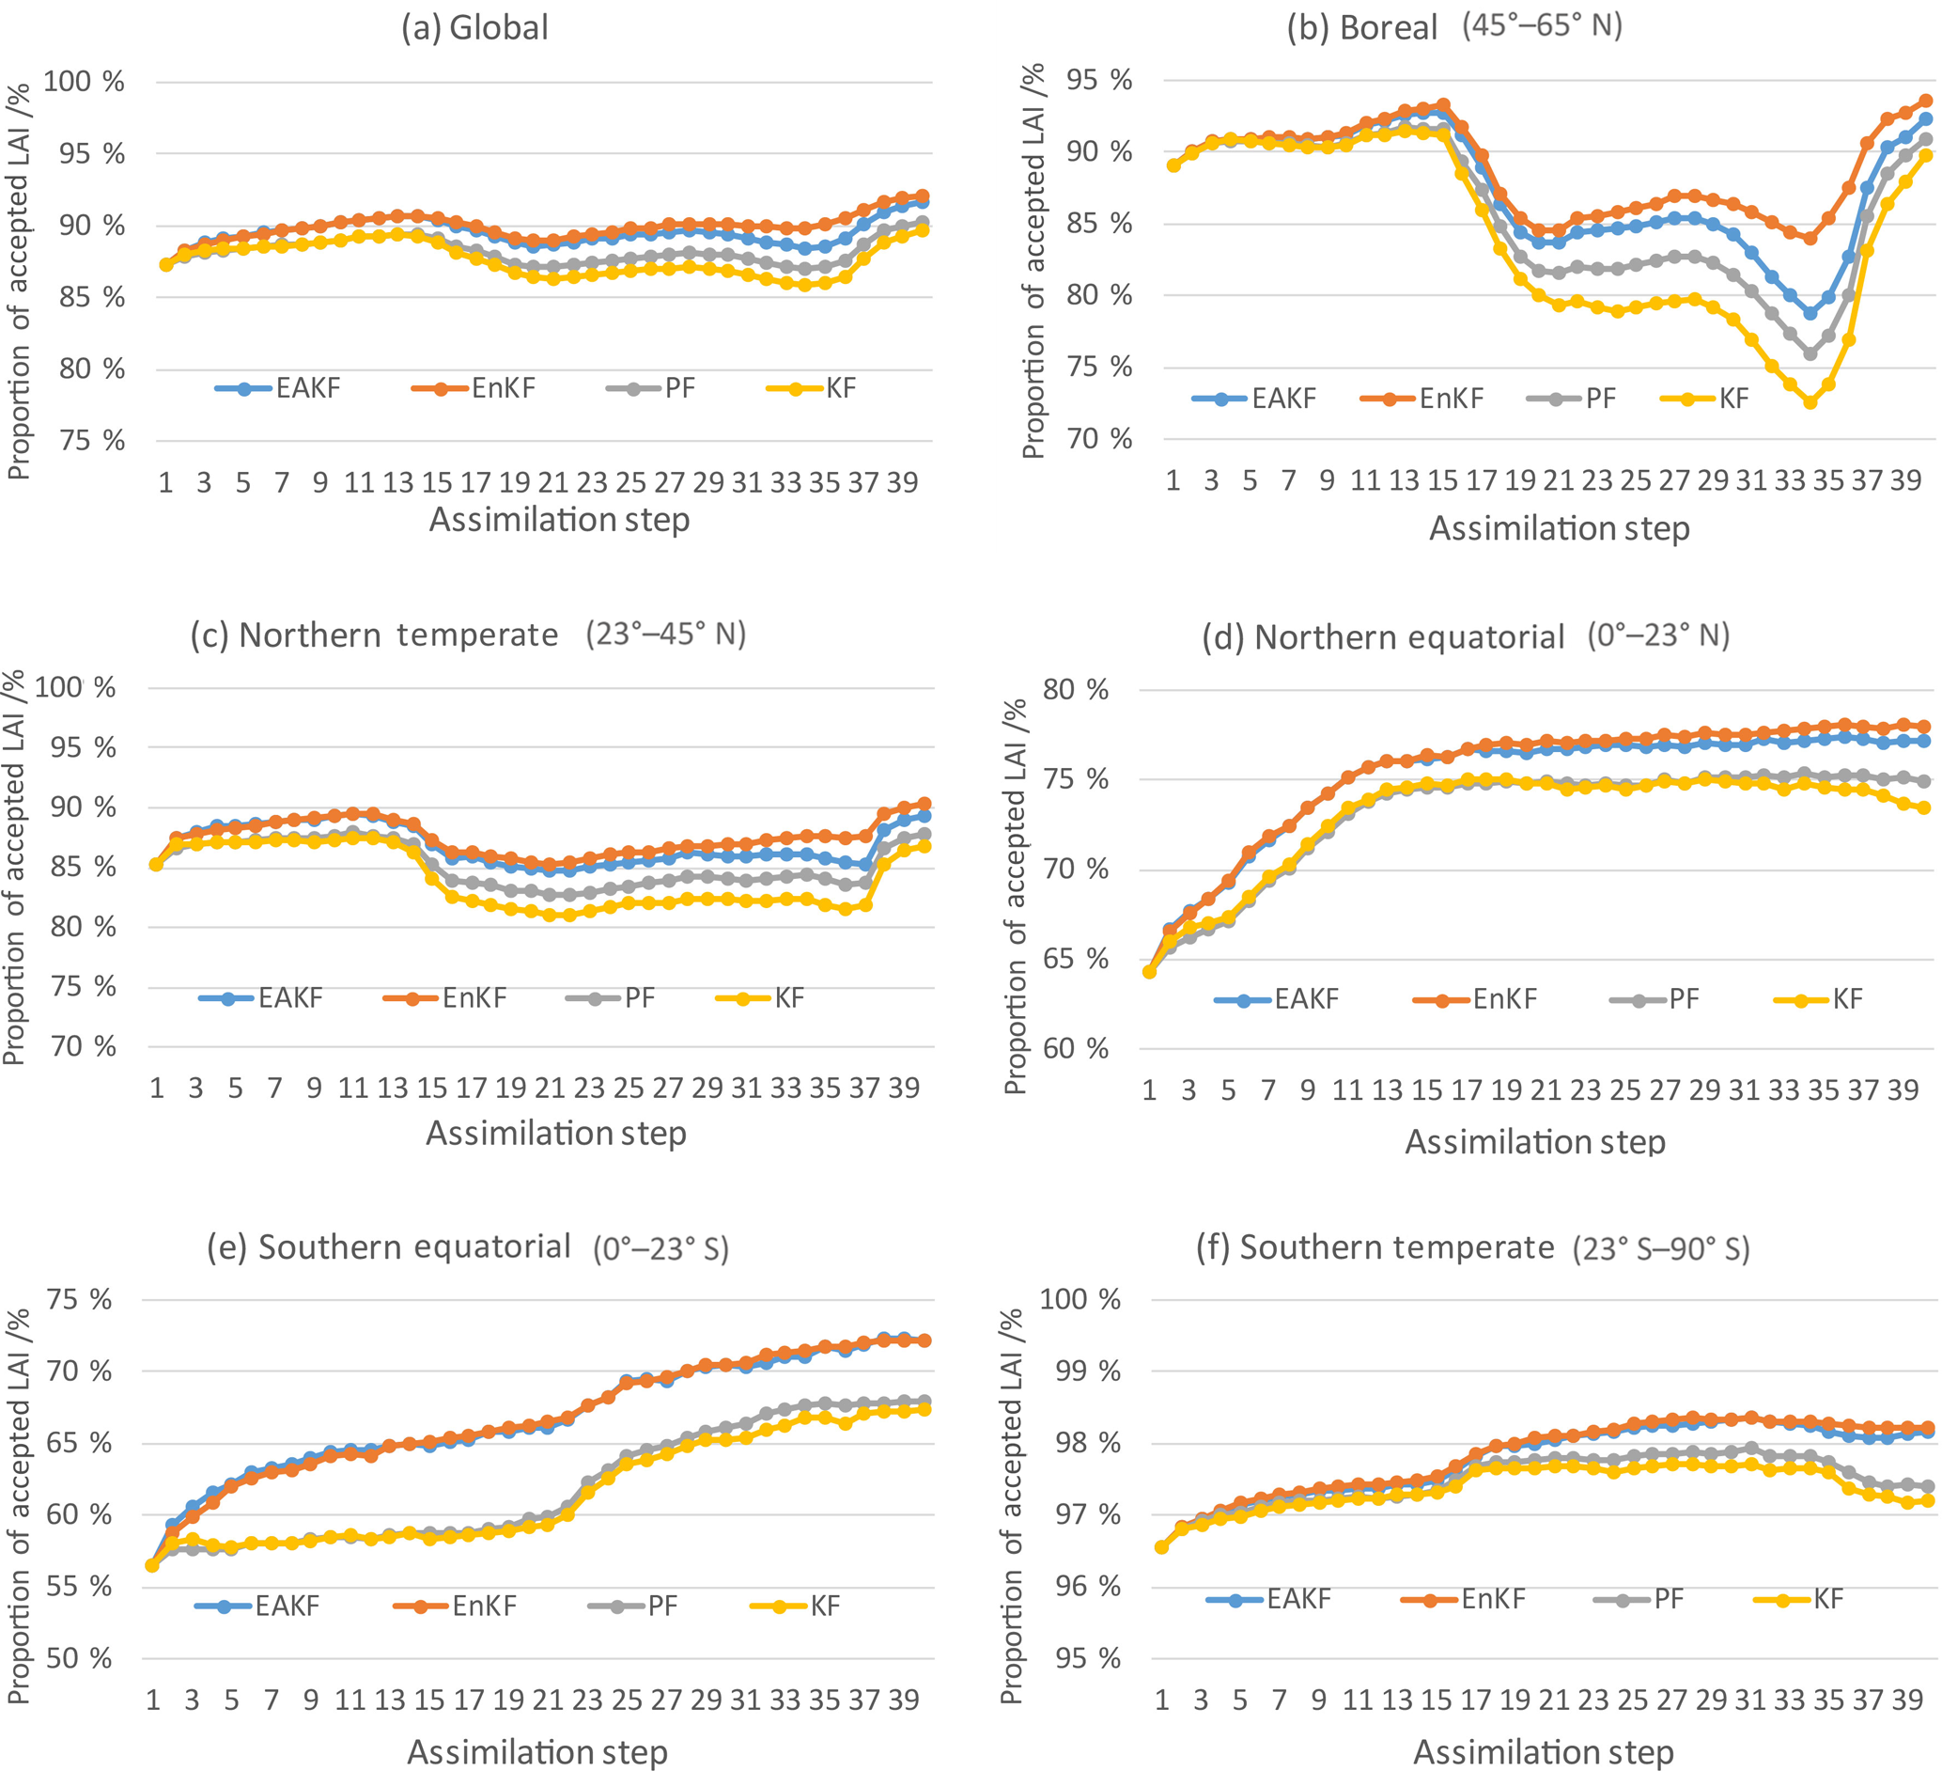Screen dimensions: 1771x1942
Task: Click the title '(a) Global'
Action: pos(474,28)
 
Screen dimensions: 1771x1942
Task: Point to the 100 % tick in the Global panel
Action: pos(84,82)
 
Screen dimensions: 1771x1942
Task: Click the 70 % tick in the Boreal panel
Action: pos(1099,439)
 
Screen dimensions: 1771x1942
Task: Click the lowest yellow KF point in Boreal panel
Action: pos(1810,402)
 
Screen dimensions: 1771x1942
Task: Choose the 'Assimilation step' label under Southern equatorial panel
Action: pos(537,1750)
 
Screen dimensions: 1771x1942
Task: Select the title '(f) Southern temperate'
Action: pos(1375,1247)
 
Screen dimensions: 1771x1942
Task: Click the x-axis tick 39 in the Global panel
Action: pos(902,483)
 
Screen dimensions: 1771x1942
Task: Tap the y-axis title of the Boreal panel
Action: pos(1033,260)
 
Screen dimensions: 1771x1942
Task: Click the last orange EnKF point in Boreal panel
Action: pos(1926,102)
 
